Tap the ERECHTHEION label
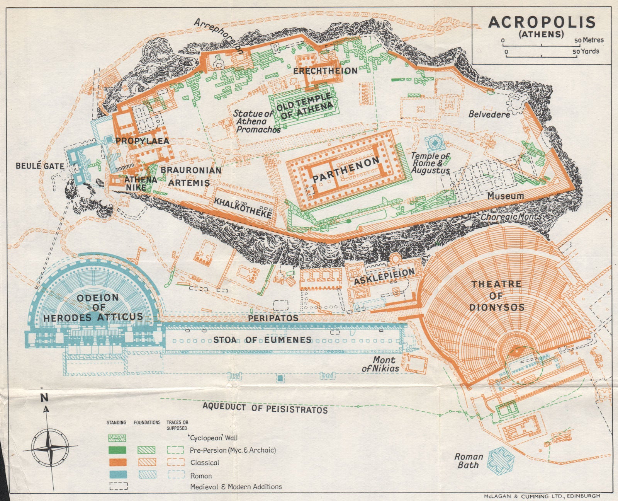tap(325, 71)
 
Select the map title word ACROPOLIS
tap(542, 22)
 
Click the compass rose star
tap(49, 448)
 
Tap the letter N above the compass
tap(45, 397)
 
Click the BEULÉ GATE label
tap(40, 166)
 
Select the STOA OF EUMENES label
tap(262, 340)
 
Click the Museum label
tap(505, 196)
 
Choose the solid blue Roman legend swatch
tap(117, 475)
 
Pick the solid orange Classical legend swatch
tap(117, 462)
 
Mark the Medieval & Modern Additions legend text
tap(236, 487)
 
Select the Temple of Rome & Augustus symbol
tap(435, 143)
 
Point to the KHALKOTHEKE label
tap(243, 208)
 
